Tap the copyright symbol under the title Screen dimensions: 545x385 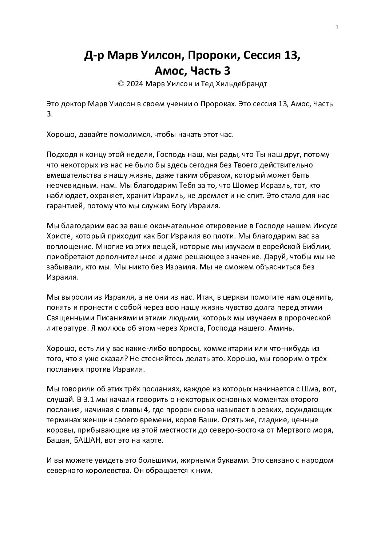click(x=121, y=84)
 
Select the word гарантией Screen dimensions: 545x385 click(x=64, y=206)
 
